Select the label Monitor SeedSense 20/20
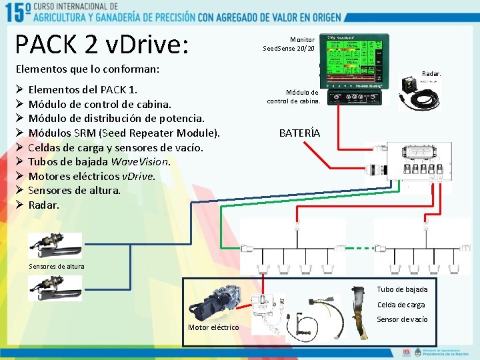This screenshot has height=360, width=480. point(289,44)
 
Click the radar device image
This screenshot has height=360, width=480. point(418,94)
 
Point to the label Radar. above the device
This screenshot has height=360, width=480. point(431,74)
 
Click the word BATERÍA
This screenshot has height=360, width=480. point(299,133)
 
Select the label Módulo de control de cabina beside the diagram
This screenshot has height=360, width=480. point(293,97)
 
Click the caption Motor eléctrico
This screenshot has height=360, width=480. point(213,327)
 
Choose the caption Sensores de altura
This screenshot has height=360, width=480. point(57,267)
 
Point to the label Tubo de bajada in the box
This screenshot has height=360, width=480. point(402,289)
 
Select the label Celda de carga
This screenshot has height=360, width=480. point(401,305)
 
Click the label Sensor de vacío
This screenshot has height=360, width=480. point(402,319)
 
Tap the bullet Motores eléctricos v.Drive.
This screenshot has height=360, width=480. point(91,176)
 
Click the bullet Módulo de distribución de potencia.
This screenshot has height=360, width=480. point(116,119)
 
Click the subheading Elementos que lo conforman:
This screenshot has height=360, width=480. point(87,69)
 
